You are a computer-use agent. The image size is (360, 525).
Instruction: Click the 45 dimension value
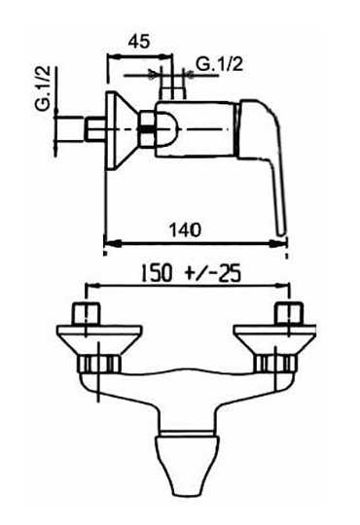138,42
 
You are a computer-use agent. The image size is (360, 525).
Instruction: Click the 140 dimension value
185,230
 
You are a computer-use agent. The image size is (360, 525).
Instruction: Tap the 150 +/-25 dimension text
191,273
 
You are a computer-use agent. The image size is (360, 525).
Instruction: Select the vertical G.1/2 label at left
43,88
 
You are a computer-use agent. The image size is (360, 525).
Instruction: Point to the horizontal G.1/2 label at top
219,64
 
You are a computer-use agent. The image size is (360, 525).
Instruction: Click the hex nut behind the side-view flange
148,129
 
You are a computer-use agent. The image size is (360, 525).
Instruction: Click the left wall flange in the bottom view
99,339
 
